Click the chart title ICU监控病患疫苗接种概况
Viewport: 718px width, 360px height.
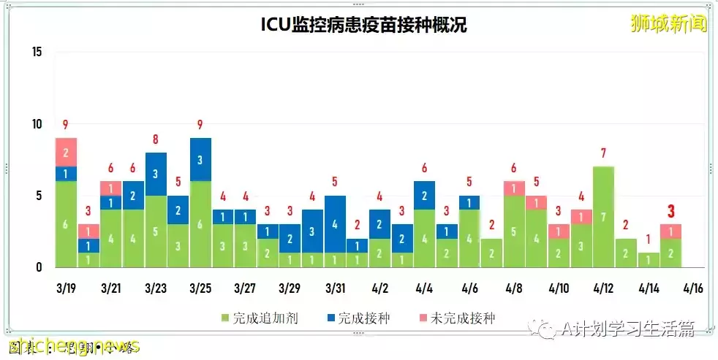tap(364, 25)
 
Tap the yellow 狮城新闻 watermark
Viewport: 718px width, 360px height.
tap(668, 23)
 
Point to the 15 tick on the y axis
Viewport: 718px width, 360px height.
tap(37, 52)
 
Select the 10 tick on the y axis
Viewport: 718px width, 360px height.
tap(37, 124)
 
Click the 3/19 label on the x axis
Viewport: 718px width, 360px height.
tap(66, 288)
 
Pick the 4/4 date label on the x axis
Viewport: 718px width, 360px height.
tap(424, 288)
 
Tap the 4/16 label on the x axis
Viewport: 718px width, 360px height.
tap(692, 288)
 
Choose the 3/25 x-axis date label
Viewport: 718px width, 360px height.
tap(200, 288)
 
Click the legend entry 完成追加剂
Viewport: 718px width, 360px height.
tap(260, 318)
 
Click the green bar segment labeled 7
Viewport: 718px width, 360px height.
tap(603, 217)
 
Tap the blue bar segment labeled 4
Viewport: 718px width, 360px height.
tap(334, 224)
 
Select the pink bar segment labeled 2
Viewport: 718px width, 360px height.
tap(66, 152)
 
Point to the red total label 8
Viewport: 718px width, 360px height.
tap(156, 139)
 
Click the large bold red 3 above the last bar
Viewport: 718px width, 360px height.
tap(670, 211)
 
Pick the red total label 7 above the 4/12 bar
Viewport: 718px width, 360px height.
tap(603, 153)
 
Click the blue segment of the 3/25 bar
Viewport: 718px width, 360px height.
tap(200, 159)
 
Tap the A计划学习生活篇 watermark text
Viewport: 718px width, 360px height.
tap(624, 329)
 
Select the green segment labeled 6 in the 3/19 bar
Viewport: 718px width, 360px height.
tap(66, 224)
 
